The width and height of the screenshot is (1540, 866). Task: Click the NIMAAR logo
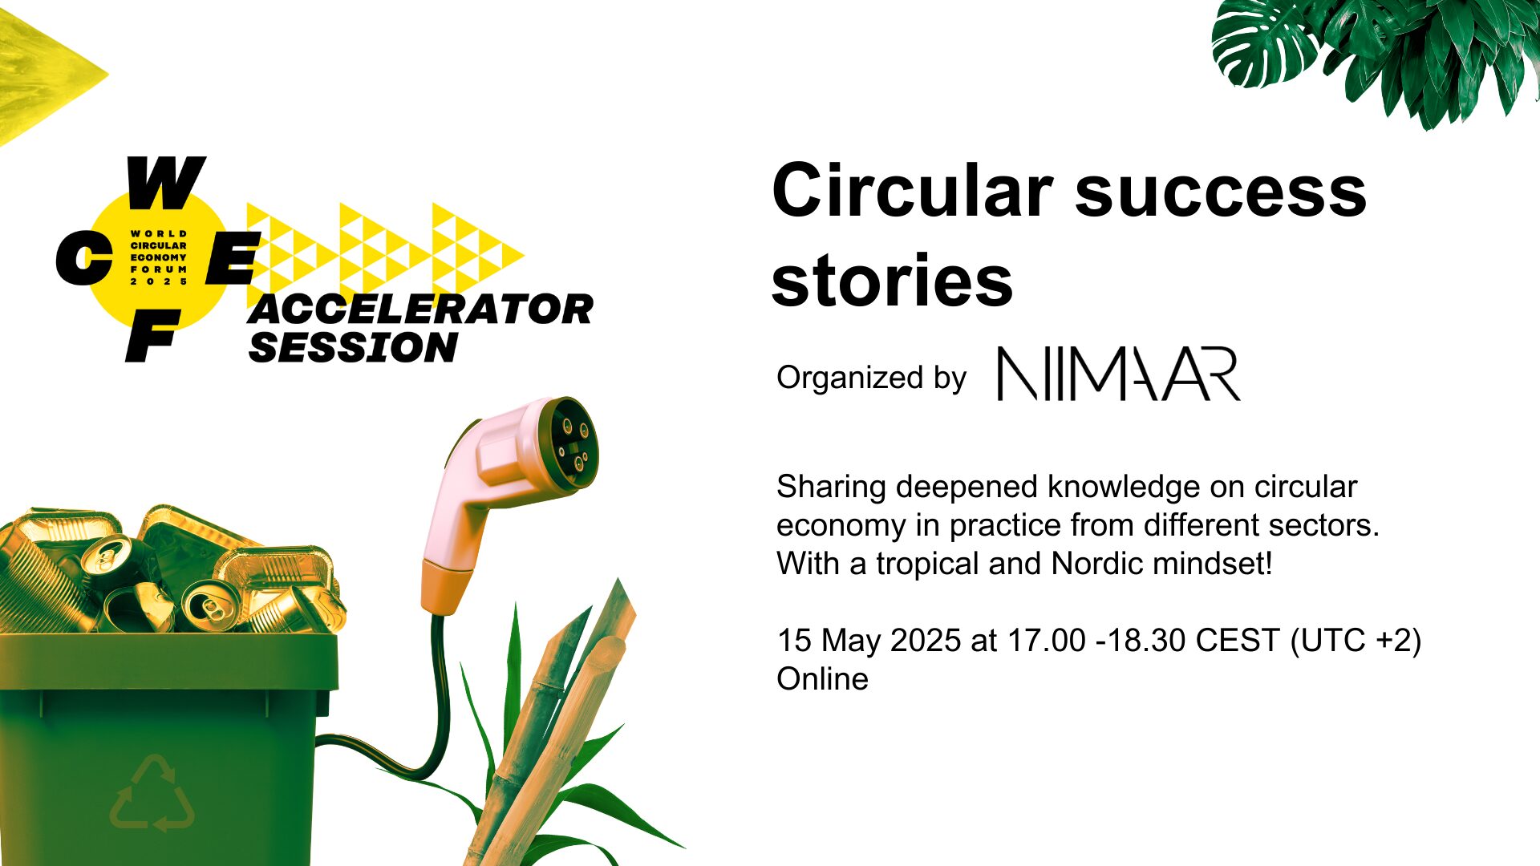[1119, 374]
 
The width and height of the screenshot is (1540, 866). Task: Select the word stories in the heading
[893, 281]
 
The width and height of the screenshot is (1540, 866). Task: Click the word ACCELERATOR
[421, 310]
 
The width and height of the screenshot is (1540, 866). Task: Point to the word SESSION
[353, 347]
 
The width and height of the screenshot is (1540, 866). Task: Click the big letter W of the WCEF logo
[165, 182]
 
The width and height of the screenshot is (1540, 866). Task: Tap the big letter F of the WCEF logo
[152, 336]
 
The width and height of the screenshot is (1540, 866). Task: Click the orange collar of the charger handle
[447, 587]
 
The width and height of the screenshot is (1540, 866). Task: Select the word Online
[822, 679]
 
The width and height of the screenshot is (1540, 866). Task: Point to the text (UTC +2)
[1356, 641]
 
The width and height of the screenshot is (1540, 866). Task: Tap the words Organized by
[872, 378]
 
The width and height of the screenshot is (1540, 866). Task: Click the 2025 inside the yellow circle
[159, 281]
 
